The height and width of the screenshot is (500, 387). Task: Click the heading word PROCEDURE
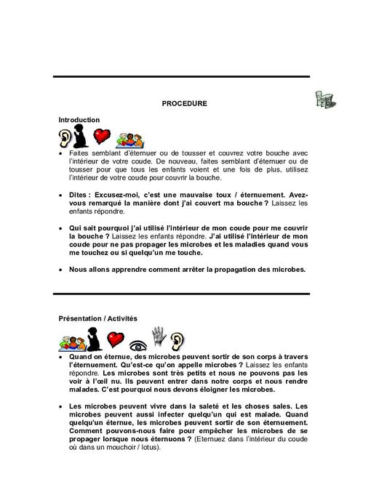[x=184, y=103]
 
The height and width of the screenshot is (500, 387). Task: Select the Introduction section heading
[x=79, y=119]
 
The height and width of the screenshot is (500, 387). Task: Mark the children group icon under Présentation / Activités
[x=67, y=339]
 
